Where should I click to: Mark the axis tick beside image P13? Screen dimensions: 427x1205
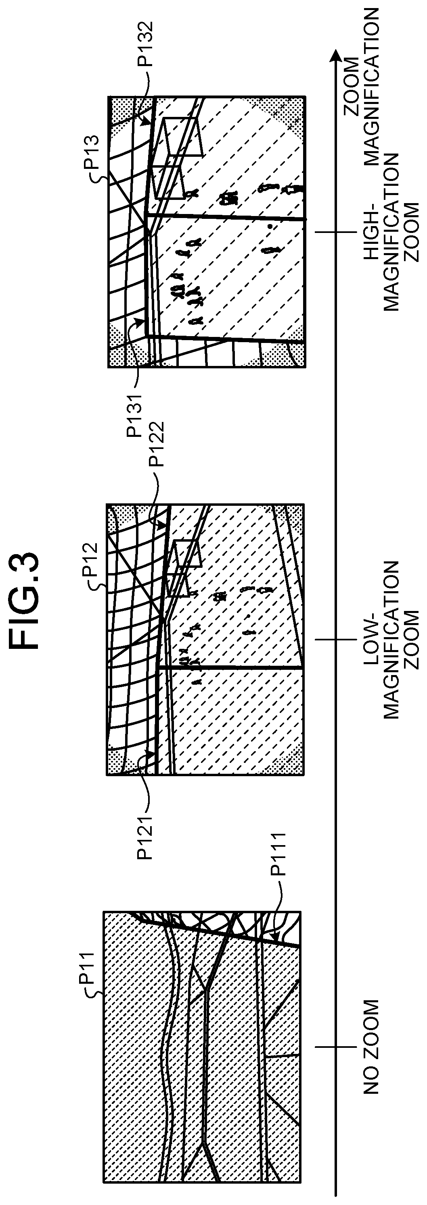click(334, 232)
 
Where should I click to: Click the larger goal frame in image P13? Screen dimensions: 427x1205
click(182, 137)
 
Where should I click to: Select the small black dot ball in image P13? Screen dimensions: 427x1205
click(270, 227)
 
